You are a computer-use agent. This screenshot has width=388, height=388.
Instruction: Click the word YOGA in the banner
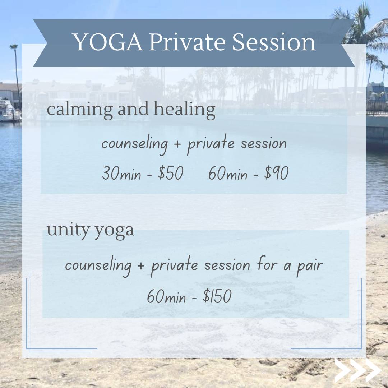108,42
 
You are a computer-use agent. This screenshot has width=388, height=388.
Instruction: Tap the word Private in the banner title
187,42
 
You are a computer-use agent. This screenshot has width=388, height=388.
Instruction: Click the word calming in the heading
80,110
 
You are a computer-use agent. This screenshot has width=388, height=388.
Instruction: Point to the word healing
184,110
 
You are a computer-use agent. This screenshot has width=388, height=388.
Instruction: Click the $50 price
171,173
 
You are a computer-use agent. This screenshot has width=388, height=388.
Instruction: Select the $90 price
276,173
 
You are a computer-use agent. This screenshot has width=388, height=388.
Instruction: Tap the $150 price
217,296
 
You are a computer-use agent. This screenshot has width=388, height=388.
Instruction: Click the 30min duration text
121,173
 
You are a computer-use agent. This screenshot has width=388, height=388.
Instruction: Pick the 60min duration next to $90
228,173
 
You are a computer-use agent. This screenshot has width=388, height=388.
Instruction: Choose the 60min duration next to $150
166,296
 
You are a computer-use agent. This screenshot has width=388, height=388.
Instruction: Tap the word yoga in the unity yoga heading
114,231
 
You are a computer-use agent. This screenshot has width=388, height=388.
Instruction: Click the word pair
310,266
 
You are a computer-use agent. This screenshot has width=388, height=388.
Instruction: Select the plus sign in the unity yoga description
140,265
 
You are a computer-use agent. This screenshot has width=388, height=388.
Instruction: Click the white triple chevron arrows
358,370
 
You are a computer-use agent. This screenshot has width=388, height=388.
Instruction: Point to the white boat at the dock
9,111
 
